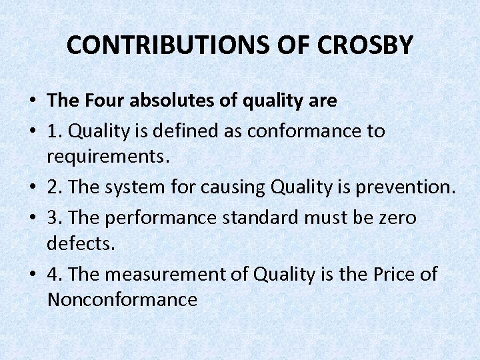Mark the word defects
[x=81, y=243]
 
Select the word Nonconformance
[x=122, y=300]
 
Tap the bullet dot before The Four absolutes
[x=32, y=102]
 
